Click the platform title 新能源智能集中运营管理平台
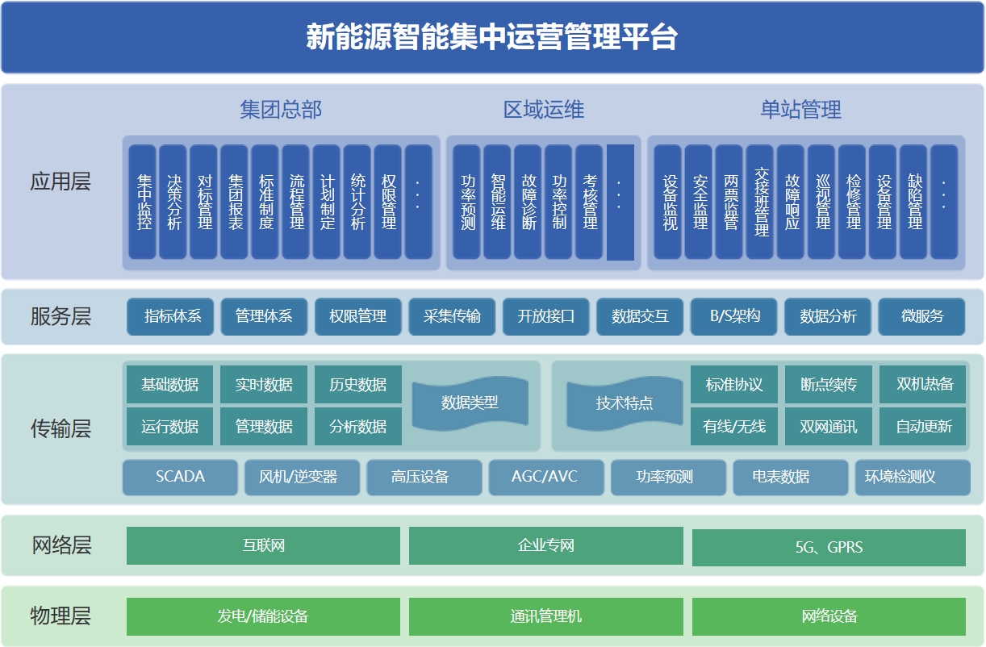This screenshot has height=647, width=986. tap(492, 37)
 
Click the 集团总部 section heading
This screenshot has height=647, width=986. tap(281, 110)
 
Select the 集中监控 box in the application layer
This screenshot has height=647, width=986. tap(143, 202)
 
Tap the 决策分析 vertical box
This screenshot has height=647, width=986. tap(173, 202)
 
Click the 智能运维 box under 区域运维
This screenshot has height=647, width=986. tap(498, 202)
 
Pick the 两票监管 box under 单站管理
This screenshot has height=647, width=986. tap(729, 202)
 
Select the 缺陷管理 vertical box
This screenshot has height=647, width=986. tap(913, 202)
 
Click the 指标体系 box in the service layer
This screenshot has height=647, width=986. tap(173, 316)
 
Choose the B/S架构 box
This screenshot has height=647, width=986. tap(734, 316)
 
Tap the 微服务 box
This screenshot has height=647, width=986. tap(921, 316)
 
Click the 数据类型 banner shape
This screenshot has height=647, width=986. tap(470, 403)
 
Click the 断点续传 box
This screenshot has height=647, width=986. tap(829, 385)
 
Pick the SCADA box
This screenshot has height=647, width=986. tap(180, 477)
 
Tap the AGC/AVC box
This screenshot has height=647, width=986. tap(545, 477)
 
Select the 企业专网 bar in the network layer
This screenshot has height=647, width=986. tap(545, 546)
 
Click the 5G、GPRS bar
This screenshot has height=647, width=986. tap(829, 548)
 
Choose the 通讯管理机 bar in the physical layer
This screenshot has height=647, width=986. tap(545, 617)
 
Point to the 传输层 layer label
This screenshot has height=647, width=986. tap(61, 428)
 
